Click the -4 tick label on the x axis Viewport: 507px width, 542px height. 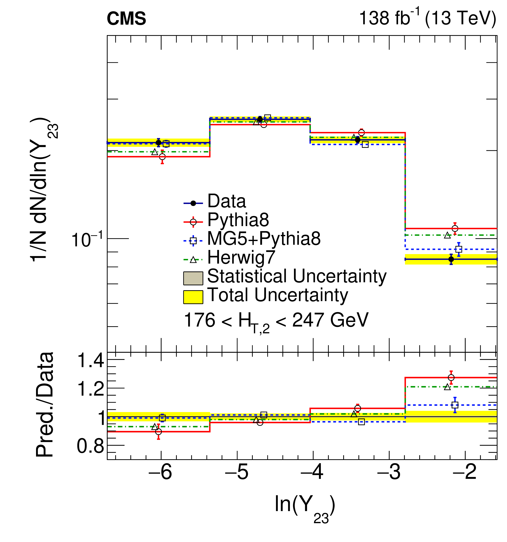tap(312, 479)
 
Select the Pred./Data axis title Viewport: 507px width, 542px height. tap(44, 405)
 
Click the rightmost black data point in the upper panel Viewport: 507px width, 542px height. tap(451, 259)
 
